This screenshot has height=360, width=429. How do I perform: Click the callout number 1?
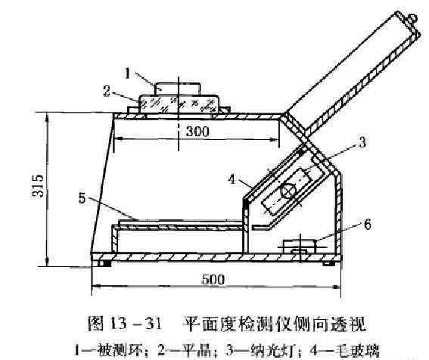127,73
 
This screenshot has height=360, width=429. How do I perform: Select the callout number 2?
107,91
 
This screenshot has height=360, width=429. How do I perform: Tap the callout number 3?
362,142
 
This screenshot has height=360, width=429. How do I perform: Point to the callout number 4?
232,179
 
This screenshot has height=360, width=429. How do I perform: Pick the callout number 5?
82,198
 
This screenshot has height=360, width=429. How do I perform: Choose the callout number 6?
367,225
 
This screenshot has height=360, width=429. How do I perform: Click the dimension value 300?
197,132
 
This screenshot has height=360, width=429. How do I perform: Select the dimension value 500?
213,280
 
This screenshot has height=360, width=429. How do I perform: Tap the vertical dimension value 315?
38,186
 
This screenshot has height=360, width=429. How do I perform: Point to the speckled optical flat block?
179,104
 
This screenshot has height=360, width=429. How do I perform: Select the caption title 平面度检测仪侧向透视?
275,324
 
